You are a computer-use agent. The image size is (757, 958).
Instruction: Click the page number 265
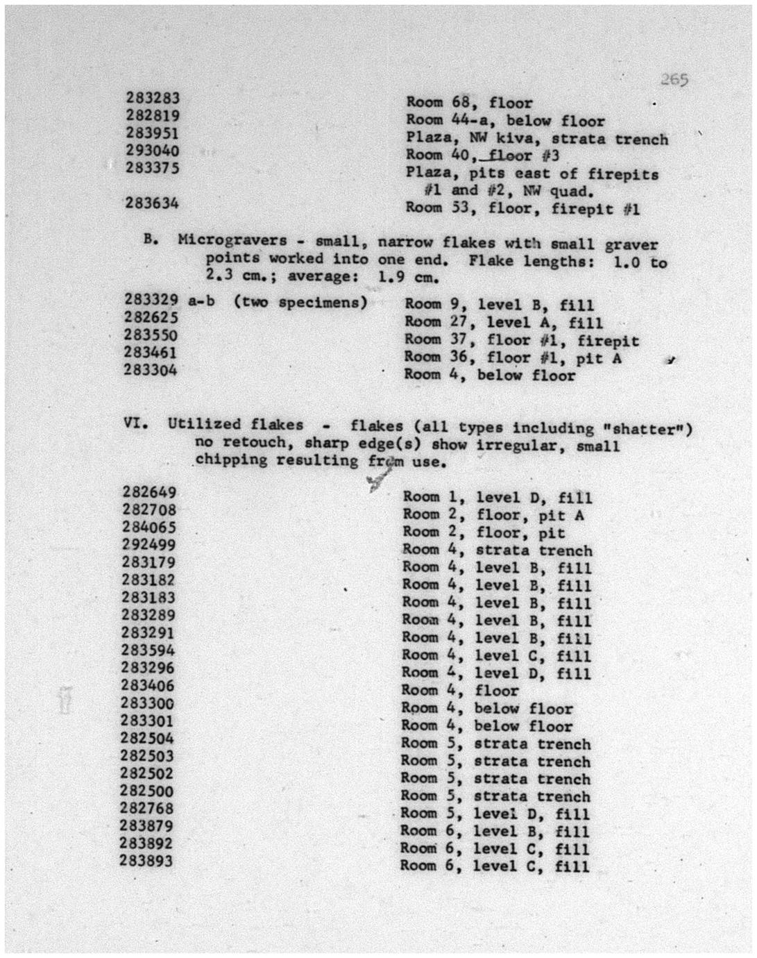coord(674,80)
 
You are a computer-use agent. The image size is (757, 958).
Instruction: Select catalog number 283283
coord(153,98)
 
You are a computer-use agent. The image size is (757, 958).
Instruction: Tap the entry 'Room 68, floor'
coord(469,103)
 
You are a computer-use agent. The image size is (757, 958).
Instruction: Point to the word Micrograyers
coord(232,240)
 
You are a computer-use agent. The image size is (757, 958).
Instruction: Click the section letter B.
coord(151,239)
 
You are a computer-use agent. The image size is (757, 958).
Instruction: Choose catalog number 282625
coord(151,317)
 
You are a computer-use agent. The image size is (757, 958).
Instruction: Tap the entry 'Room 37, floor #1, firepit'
coord(522,341)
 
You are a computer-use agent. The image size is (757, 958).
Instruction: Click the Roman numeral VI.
coord(135,423)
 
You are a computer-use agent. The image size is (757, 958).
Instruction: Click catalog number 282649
coord(150,492)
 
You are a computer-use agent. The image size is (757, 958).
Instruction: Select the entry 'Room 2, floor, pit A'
coord(493,515)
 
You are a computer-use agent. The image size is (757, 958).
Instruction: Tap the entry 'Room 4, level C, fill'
coord(497,655)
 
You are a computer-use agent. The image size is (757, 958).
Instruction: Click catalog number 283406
coord(148,685)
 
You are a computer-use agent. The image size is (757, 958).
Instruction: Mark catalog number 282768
coord(146,808)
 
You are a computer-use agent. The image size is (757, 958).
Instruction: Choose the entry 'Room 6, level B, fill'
coord(495,832)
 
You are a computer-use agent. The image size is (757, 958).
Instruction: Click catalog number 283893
coord(146,861)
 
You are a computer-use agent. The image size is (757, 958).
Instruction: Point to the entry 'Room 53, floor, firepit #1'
coord(522,208)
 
